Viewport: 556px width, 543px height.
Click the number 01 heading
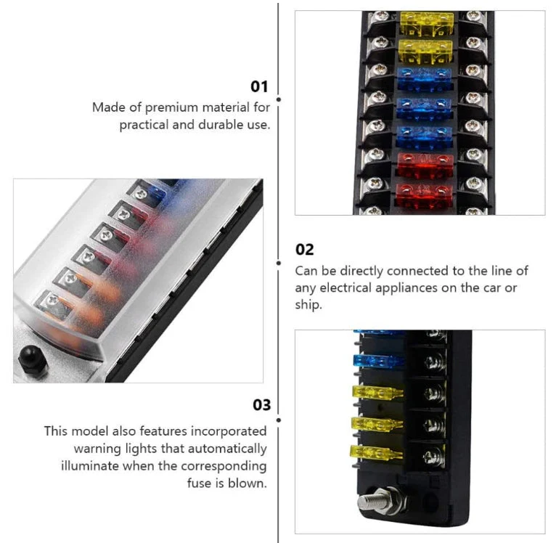point(259,86)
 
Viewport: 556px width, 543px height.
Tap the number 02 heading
point(304,250)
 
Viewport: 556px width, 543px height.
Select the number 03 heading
point(262,405)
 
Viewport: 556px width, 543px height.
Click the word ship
point(308,305)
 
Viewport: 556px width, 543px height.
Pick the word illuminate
point(90,465)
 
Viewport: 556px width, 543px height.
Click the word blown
point(247,483)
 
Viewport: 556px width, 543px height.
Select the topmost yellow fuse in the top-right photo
point(427,23)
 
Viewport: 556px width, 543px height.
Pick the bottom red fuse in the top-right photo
point(425,195)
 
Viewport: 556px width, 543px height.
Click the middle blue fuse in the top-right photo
point(424,108)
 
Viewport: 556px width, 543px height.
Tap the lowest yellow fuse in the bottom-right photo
point(377,453)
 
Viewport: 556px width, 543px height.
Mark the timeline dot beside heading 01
point(279,99)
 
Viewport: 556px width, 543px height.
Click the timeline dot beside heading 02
point(279,264)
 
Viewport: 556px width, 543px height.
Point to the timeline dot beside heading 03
point(279,420)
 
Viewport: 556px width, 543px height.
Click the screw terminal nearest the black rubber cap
point(53,301)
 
